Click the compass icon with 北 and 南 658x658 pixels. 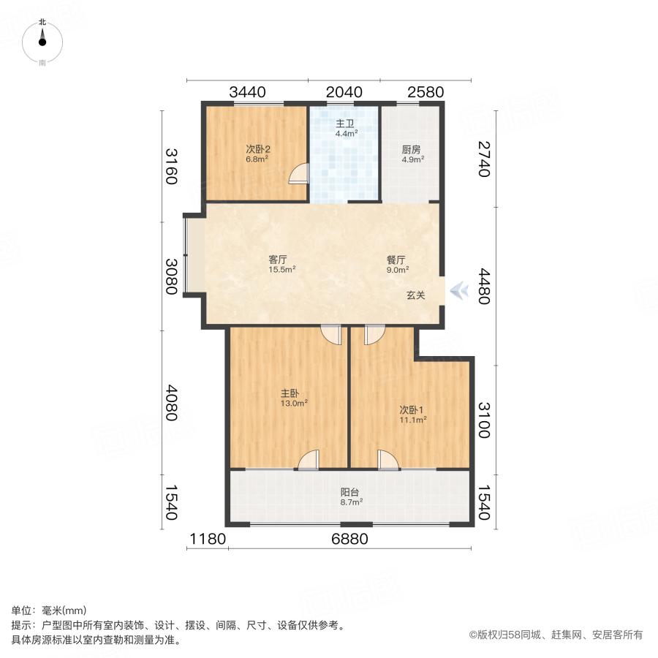click(42, 42)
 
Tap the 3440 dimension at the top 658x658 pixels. click(247, 92)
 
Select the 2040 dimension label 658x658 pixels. click(344, 92)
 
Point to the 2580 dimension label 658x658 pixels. click(426, 92)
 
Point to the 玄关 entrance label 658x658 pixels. click(416, 295)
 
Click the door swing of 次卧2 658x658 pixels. click(298, 174)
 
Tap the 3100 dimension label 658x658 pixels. click(485, 420)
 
